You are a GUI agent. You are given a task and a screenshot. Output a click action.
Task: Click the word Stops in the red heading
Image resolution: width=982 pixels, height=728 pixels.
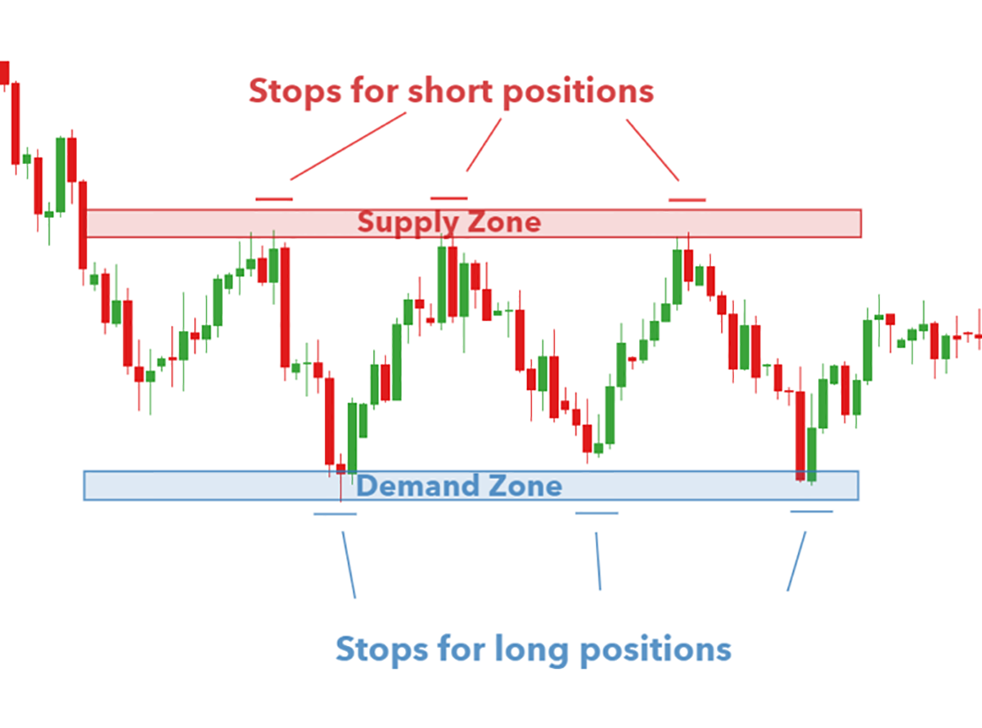pyautogui.click(x=295, y=91)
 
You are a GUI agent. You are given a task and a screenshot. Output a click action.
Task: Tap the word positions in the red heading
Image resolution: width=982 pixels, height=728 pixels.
pyautogui.click(x=579, y=93)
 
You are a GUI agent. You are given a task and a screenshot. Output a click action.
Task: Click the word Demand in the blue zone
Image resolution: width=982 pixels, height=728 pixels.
pyautogui.click(x=417, y=486)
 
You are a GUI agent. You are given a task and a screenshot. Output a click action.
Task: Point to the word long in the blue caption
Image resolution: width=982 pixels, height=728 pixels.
pyautogui.click(x=531, y=650)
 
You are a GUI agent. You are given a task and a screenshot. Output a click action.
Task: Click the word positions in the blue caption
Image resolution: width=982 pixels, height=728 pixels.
pyautogui.click(x=655, y=652)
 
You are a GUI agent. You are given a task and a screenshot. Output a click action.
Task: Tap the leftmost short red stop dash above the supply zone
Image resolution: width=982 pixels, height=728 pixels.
pyautogui.click(x=274, y=199)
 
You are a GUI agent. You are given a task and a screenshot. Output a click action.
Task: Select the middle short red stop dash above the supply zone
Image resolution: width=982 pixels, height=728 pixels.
pyautogui.click(x=449, y=198)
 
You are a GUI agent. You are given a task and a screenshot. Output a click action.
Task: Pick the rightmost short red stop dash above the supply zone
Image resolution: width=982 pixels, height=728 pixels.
pyautogui.click(x=687, y=201)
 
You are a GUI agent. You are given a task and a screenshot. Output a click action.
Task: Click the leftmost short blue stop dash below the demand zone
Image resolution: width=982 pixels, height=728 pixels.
pyautogui.click(x=336, y=514)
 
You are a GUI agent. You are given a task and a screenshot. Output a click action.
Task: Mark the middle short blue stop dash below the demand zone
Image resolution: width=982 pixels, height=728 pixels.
pyautogui.click(x=597, y=513)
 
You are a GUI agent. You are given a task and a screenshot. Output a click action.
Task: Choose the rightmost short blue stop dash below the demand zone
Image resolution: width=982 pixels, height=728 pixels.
pyautogui.click(x=812, y=512)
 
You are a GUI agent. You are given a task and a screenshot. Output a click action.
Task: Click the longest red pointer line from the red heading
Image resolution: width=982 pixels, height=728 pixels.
pyautogui.click(x=348, y=147)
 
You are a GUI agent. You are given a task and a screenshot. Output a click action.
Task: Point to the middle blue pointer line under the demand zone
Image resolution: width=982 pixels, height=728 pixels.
pyautogui.click(x=598, y=561)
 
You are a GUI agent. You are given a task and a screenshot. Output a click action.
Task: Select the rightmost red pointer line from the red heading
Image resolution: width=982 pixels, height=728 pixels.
pyautogui.click(x=652, y=150)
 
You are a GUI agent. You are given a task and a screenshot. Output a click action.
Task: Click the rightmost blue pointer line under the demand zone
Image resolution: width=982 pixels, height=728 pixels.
pyautogui.click(x=796, y=562)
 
